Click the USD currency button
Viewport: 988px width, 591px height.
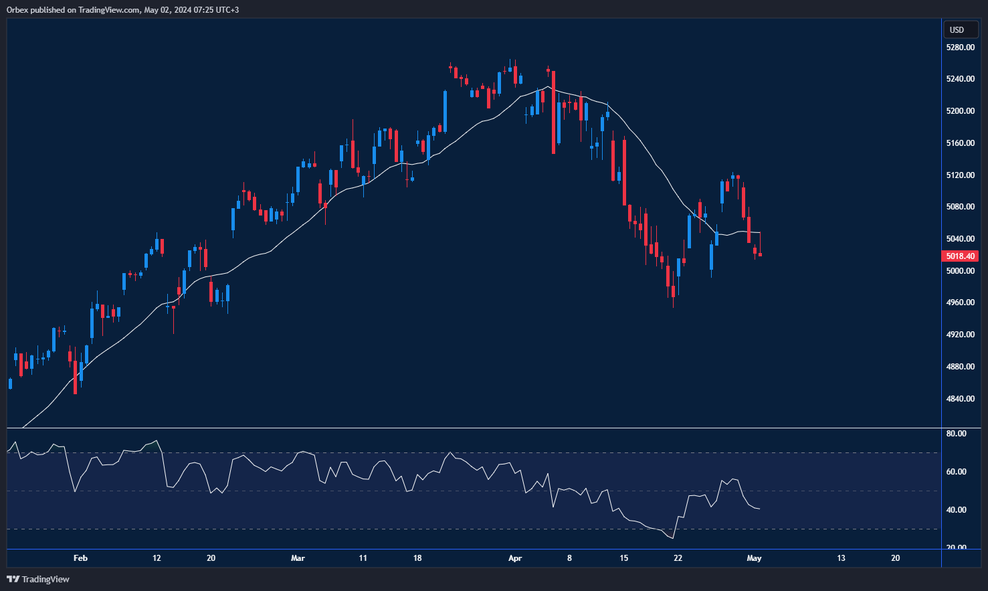(x=957, y=29)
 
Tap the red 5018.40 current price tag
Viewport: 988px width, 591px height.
(x=960, y=256)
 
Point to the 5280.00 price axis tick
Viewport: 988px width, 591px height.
(x=960, y=48)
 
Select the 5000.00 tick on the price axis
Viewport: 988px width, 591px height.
(x=960, y=271)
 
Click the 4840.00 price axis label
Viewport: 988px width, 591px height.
(x=960, y=399)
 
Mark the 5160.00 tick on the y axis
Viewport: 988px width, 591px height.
(x=960, y=143)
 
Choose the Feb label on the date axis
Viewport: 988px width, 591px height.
(x=80, y=558)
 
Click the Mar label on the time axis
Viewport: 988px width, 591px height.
(x=298, y=558)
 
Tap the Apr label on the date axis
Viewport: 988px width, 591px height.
(x=515, y=558)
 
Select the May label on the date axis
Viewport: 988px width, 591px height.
(x=754, y=558)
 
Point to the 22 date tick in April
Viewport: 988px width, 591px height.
(x=678, y=558)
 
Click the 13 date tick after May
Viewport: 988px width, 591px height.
(x=841, y=558)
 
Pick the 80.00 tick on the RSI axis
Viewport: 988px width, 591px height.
(x=957, y=434)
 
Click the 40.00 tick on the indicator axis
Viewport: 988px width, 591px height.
(x=957, y=510)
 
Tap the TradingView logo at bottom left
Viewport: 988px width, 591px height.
(x=38, y=579)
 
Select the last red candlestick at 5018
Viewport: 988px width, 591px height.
(x=761, y=254)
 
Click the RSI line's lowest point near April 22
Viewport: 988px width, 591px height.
(x=672, y=538)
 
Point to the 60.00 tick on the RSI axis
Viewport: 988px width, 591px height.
(x=957, y=472)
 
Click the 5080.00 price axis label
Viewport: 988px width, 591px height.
(x=960, y=207)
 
